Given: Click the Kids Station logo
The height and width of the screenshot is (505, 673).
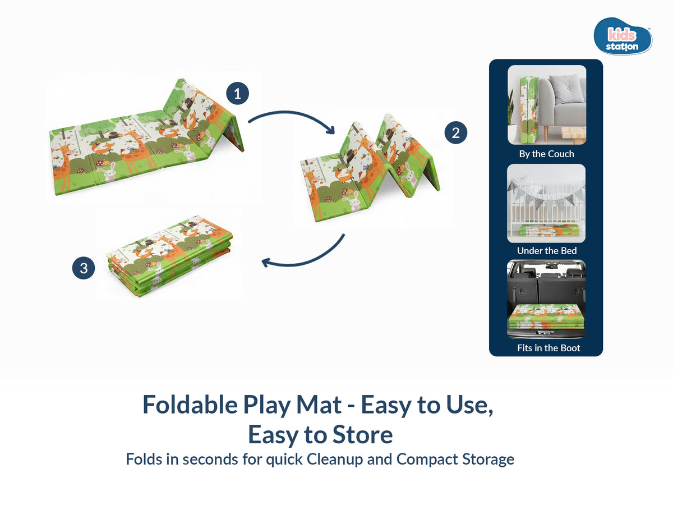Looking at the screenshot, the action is pyautogui.click(x=623, y=36).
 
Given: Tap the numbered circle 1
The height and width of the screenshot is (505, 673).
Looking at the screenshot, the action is pyautogui.click(x=238, y=93).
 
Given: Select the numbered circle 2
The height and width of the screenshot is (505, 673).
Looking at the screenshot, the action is pyautogui.click(x=456, y=133).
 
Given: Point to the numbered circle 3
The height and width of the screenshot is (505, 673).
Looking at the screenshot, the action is pyautogui.click(x=84, y=268).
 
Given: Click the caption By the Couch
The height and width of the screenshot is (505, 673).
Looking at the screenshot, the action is pyautogui.click(x=546, y=154).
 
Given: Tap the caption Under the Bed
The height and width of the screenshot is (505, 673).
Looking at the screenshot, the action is pyautogui.click(x=547, y=251).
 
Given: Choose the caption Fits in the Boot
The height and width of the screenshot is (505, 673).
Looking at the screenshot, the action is pyautogui.click(x=548, y=348).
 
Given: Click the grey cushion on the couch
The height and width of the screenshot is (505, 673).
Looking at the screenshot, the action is pyautogui.click(x=566, y=88).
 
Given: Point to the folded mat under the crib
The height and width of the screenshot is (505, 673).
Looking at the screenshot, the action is pyautogui.click(x=546, y=230).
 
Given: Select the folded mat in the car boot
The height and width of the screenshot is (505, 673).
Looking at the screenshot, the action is pyautogui.click(x=546, y=317).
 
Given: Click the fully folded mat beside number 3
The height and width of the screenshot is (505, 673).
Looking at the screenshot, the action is pyautogui.click(x=169, y=256).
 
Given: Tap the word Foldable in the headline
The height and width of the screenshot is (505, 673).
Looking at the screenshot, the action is pyautogui.click(x=190, y=405).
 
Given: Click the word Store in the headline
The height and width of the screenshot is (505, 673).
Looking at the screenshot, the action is pyautogui.click(x=362, y=435).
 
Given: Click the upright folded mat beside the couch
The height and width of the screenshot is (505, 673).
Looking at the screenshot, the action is pyautogui.click(x=529, y=110).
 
